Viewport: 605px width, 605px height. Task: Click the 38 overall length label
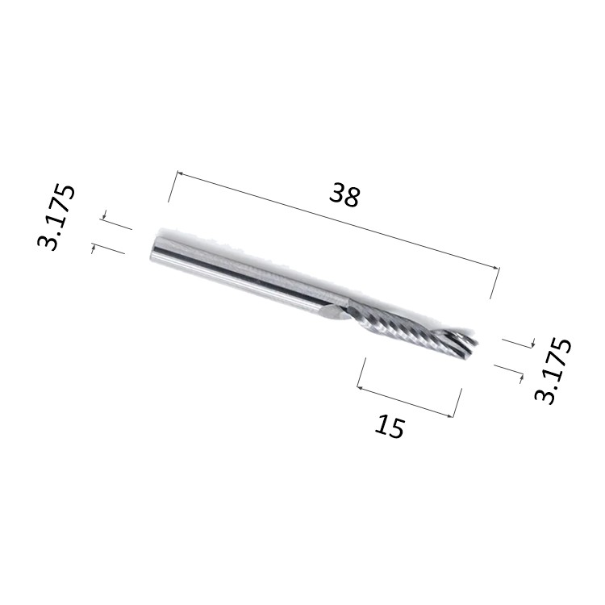tap(344, 195)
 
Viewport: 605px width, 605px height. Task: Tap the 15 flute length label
tap(390, 426)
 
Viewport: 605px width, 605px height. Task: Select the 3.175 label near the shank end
tap(56, 217)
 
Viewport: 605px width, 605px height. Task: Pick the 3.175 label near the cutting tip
tap(553, 370)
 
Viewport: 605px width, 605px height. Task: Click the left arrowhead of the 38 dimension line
tap(180, 174)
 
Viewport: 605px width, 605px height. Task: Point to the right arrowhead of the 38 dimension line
tap(495, 267)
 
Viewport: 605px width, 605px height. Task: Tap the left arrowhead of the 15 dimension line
tap(360, 387)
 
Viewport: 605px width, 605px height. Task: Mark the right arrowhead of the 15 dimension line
tap(449, 415)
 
